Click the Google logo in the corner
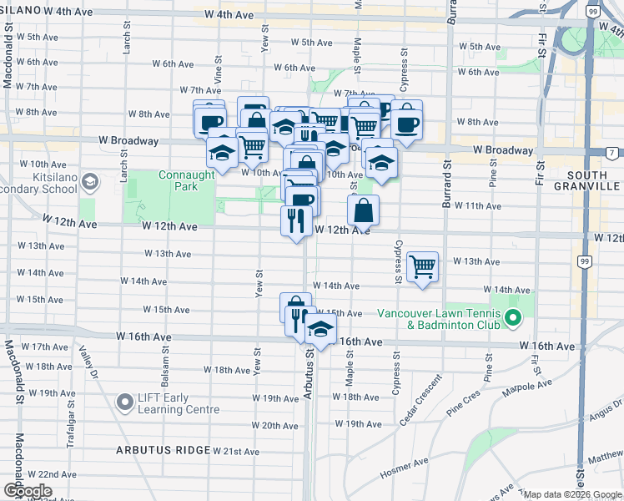pos(27,491)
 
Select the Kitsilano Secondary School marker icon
pos(92,180)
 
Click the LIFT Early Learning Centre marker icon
pos(126,403)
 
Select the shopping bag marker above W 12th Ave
pos(364,210)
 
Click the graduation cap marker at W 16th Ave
pos(320,330)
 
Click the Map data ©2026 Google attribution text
pos(572,494)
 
